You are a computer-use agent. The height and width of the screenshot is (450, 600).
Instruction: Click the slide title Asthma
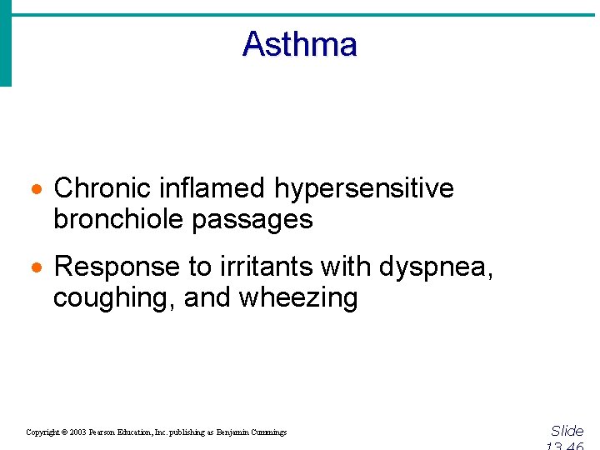point(299,44)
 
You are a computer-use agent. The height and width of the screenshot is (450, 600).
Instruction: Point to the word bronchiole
point(118,219)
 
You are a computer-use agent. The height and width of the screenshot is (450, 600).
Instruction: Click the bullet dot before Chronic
point(37,190)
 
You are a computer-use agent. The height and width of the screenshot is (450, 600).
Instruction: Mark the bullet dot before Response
point(37,268)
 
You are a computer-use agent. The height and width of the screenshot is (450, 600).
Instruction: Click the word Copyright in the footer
point(42,432)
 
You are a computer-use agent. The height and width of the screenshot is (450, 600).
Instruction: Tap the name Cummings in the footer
point(267,432)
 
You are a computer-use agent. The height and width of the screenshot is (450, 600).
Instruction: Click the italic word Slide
point(567,431)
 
